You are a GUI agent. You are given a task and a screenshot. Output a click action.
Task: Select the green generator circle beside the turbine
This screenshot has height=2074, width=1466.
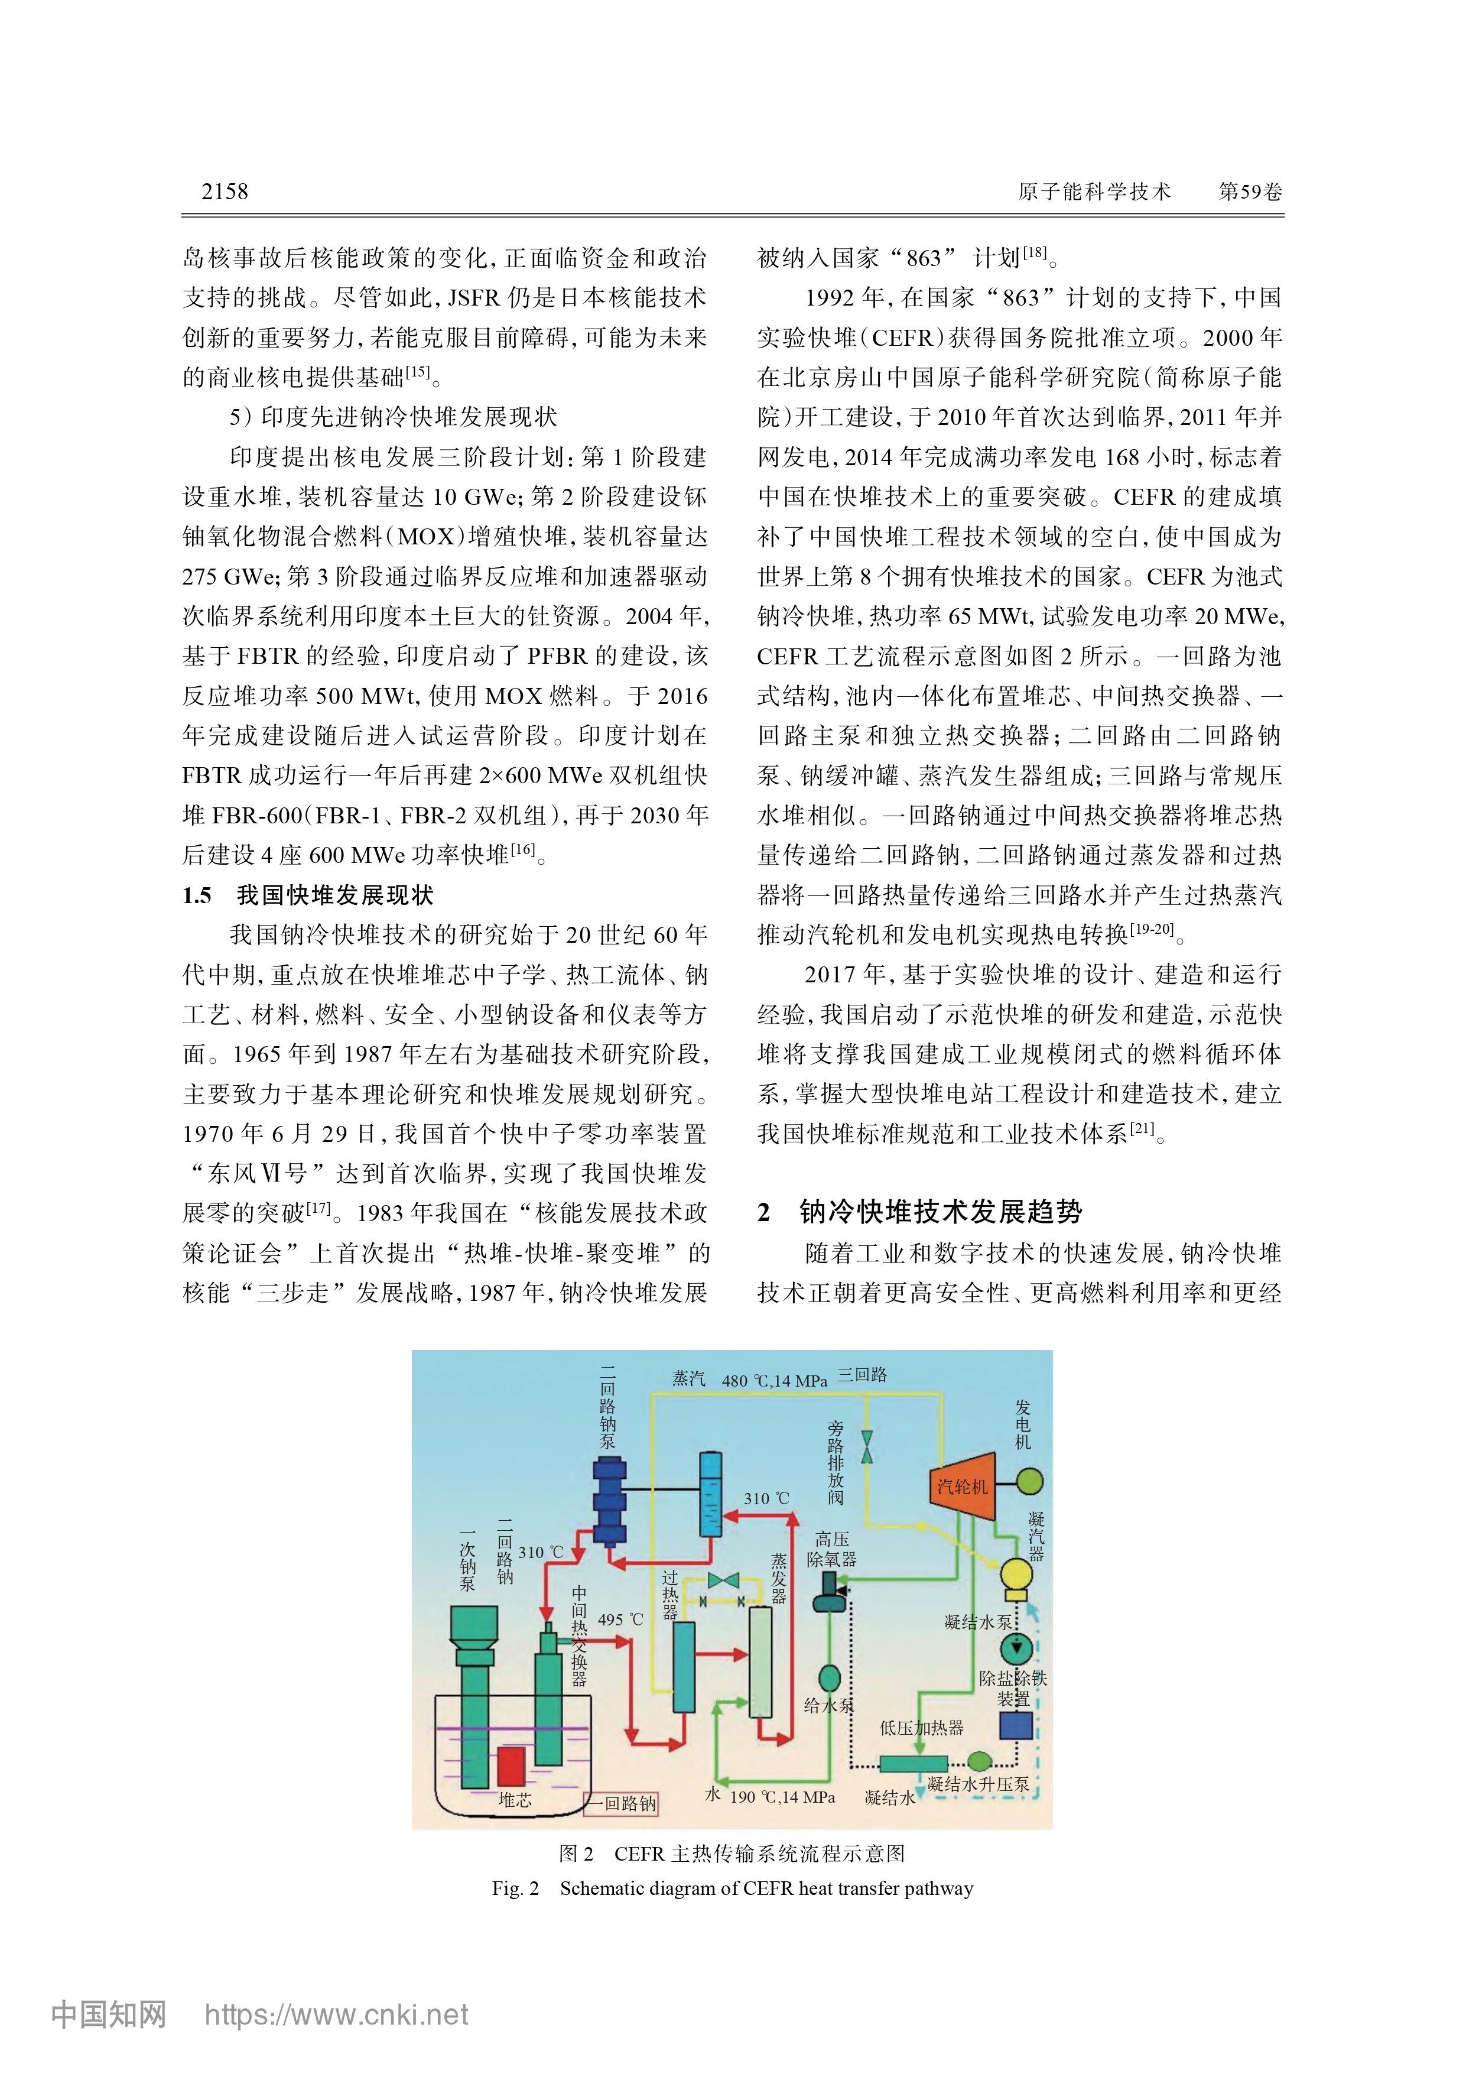click(x=1030, y=1481)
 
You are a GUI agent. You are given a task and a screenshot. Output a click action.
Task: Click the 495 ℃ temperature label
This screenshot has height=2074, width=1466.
click(x=620, y=1619)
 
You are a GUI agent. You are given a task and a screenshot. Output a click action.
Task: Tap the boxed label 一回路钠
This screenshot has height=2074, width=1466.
click(x=622, y=1804)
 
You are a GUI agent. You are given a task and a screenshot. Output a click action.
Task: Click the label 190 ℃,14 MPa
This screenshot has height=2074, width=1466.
click(x=782, y=1797)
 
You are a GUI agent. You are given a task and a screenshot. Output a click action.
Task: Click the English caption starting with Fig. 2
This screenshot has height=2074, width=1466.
click(x=733, y=1888)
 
